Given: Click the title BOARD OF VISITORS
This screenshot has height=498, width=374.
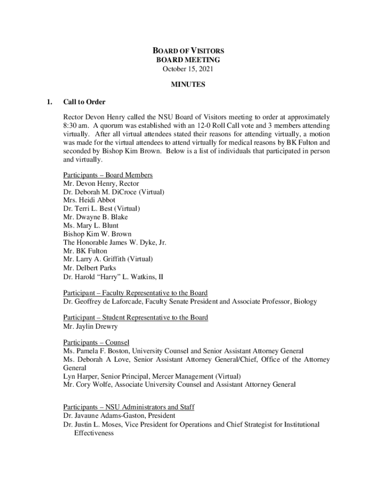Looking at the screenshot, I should tap(188, 51).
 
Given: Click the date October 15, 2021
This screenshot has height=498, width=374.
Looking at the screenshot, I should tap(188, 69).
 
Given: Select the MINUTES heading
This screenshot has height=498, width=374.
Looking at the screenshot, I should tap(188, 85).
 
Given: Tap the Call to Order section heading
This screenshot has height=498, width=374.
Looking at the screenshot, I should tap(84, 102).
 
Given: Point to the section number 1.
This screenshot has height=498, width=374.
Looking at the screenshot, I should tap(48, 102).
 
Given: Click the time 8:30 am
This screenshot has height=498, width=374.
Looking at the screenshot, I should tap(75, 125).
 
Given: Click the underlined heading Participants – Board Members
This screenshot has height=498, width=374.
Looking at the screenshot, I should tap(108, 175).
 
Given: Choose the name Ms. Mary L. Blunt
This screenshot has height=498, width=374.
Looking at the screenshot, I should tap(90, 226).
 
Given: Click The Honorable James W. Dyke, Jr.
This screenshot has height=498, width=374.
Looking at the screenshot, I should tap(118, 242).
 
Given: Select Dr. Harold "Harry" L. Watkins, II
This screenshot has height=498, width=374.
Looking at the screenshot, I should tap(113, 276).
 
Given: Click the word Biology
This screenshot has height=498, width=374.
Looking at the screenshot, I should tap(305, 302).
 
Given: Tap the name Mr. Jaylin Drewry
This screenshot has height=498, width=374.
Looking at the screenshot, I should tap(90, 326).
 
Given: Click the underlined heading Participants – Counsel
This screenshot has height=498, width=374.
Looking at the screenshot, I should tap(96, 342).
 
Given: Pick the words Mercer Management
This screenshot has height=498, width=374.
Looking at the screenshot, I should tap(185, 376).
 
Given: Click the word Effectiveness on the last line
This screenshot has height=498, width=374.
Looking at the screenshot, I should tap(94, 433).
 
